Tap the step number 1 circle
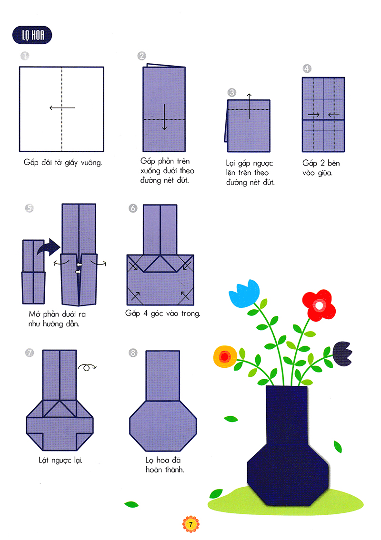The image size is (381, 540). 24,56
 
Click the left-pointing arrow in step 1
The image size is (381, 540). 62,108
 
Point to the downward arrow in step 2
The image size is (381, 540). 164,117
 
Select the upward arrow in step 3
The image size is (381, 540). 248,106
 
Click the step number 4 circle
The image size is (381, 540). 307,69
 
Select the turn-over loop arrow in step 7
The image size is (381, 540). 87,366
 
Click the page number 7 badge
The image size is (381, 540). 190,525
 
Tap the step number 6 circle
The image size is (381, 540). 133,208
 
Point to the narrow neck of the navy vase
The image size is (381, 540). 287,414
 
